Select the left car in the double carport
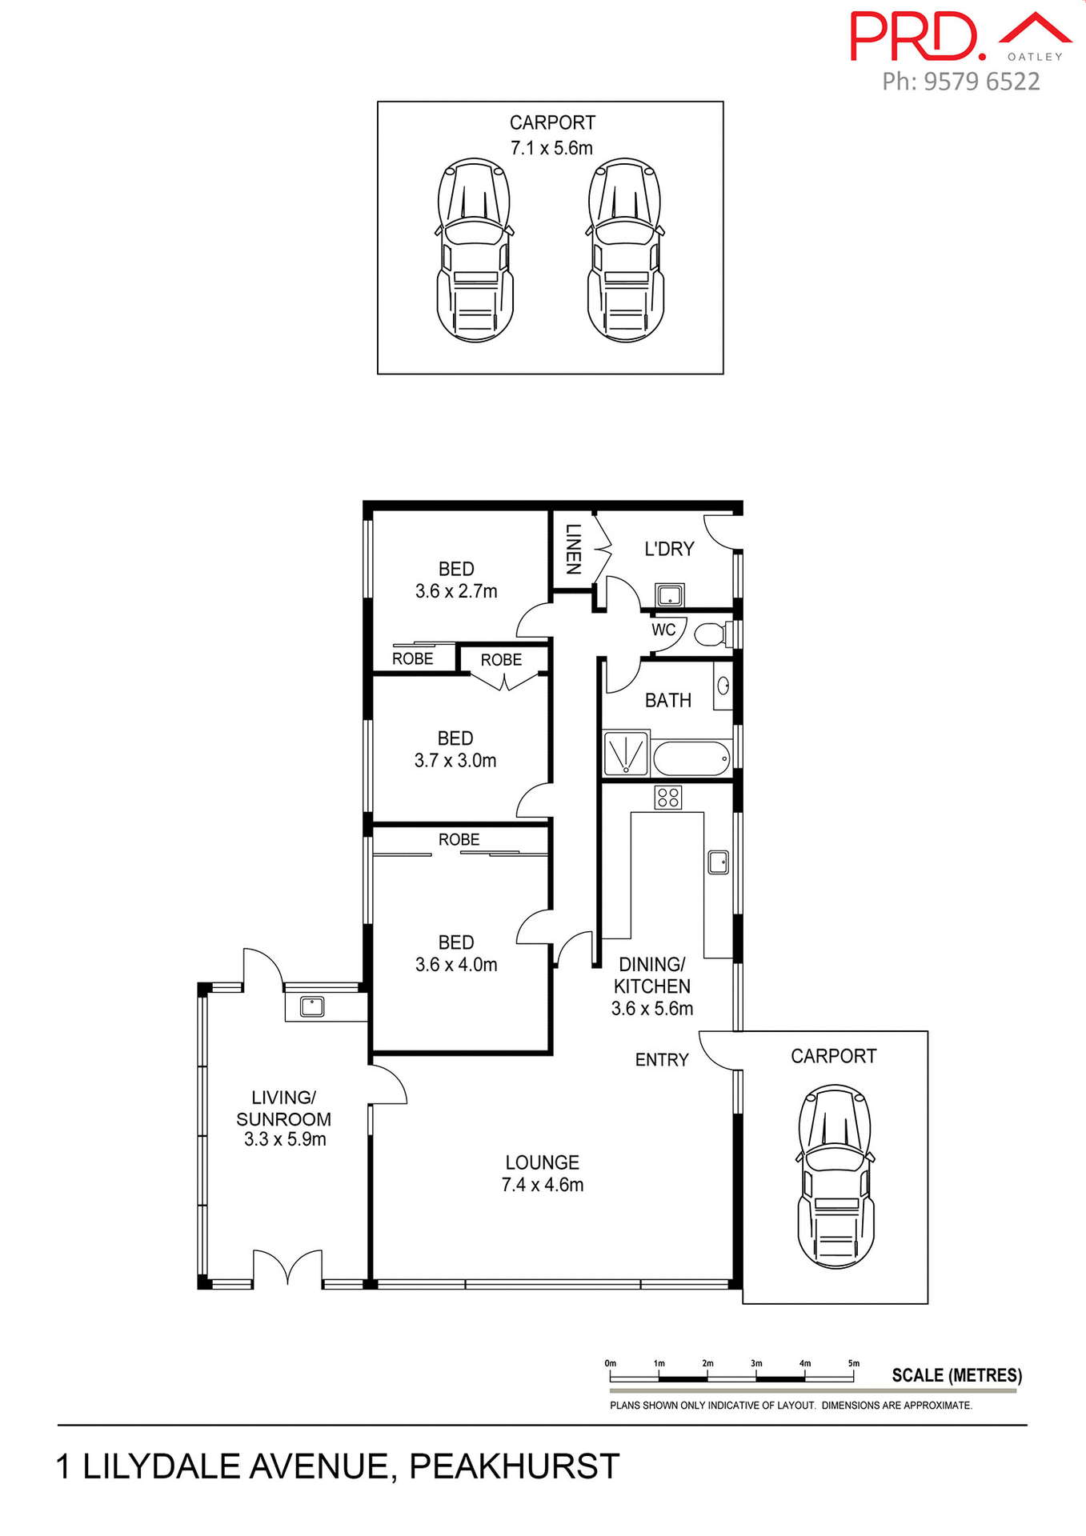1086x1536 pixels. [475, 250]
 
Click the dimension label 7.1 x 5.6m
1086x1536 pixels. [551, 148]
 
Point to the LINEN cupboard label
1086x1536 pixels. [573, 549]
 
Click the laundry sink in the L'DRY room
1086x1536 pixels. [669, 594]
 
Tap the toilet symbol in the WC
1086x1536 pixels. [710, 635]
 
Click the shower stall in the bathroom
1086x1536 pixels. [625, 753]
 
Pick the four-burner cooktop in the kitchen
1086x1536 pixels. [668, 797]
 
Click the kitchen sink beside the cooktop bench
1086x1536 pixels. [718, 862]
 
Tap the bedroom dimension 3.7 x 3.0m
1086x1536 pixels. [455, 761]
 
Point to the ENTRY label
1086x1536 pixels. [662, 1060]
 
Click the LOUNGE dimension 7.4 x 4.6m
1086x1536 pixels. [543, 1185]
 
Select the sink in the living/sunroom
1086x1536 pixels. [311, 1006]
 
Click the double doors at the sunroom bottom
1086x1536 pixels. [288, 1268]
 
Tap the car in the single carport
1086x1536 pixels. [835, 1176]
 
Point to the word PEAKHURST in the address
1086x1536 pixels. [515, 1466]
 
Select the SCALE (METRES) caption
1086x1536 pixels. [956, 1375]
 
